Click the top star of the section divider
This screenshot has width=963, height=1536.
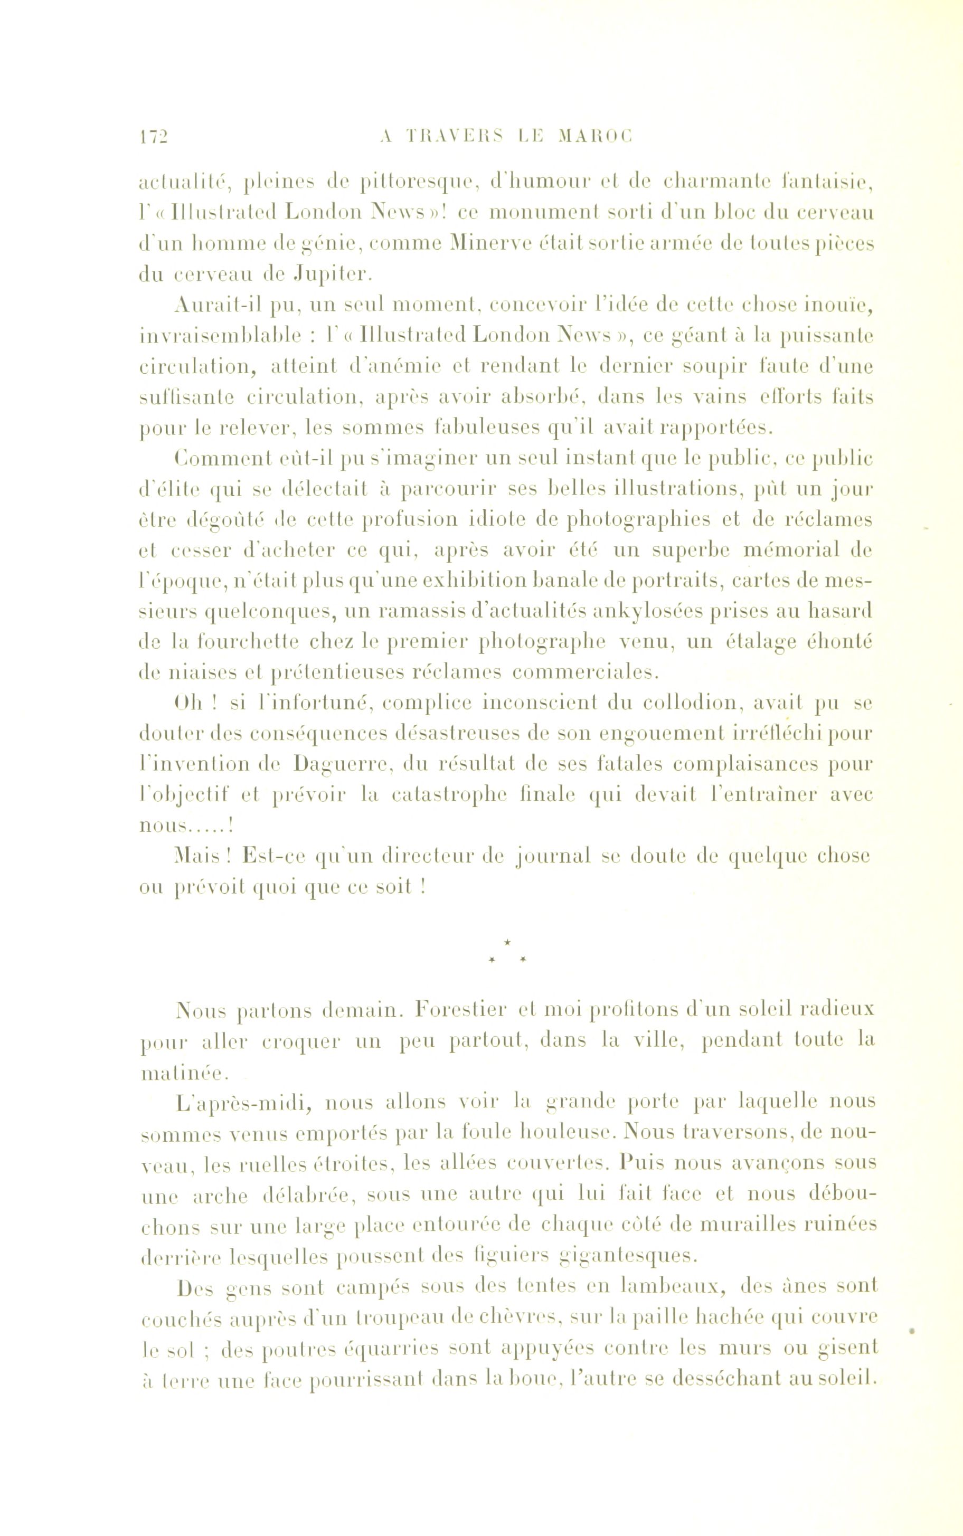[x=507, y=940]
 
